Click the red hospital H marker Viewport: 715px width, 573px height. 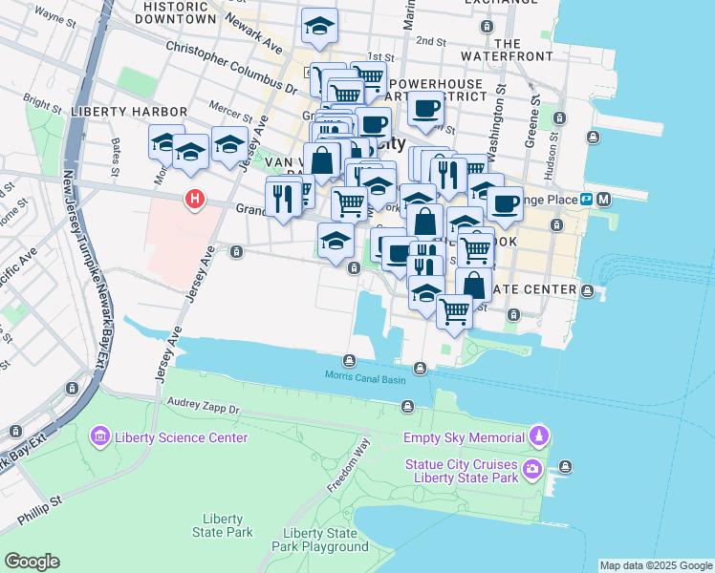[195, 199]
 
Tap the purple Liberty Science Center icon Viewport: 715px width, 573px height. [99, 437]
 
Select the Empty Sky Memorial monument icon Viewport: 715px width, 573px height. [540, 437]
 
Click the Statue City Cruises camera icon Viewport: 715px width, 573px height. [532, 469]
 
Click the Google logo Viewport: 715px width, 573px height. [32, 562]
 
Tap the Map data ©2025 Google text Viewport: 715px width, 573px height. [655, 565]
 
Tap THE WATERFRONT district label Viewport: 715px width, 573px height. [508, 51]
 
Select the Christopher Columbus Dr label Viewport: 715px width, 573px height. [227, 63]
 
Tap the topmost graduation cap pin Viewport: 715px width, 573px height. [319, 26]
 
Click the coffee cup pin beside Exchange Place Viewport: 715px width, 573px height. [504, 202]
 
